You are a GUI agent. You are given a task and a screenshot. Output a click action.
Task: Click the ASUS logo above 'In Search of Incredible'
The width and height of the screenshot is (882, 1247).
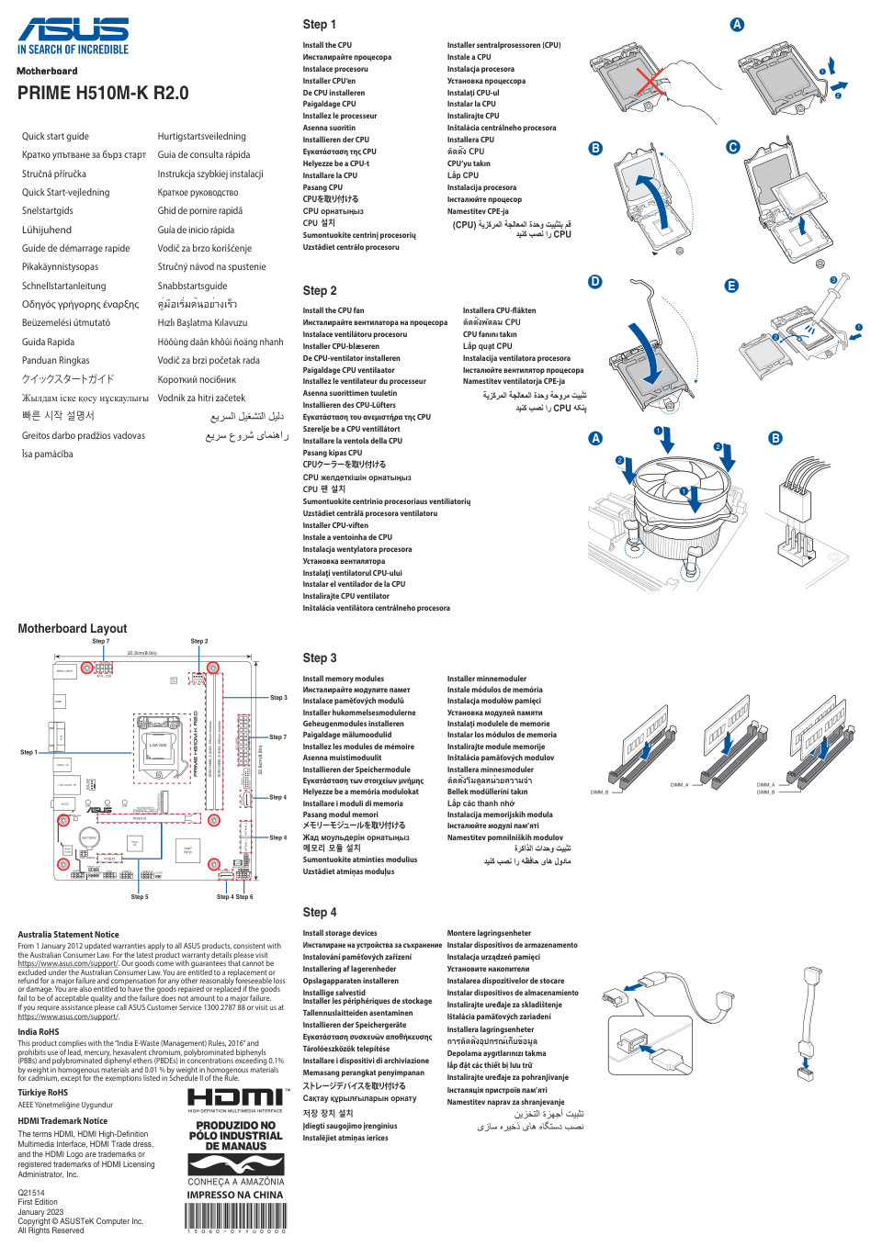73,28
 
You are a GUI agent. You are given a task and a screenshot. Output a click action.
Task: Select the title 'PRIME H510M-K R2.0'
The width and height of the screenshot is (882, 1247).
103,93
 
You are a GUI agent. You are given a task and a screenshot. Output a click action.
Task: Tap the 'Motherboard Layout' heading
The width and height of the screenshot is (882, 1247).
73,629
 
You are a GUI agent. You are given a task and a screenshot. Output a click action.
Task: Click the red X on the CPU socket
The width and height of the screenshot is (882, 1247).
650,84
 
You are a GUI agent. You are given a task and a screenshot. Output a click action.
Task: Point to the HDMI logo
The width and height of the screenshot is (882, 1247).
235,1096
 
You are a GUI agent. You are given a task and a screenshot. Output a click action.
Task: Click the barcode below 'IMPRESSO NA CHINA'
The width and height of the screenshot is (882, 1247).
235,1217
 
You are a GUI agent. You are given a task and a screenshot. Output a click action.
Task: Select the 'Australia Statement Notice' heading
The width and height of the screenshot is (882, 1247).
68,935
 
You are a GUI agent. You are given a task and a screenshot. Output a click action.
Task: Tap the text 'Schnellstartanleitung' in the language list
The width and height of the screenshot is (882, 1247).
63,286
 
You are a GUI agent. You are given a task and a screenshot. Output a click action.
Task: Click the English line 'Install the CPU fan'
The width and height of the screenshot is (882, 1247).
334,310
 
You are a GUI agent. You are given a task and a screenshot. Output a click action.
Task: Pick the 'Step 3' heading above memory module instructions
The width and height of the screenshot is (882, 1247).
320,658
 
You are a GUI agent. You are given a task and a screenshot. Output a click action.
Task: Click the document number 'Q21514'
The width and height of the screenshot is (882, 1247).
31,1193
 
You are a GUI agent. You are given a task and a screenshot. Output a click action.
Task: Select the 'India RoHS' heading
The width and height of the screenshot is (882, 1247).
39,1032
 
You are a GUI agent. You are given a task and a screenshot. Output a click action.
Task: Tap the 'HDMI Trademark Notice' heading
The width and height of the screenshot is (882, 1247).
62,1121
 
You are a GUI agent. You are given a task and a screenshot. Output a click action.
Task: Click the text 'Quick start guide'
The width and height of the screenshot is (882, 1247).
55,136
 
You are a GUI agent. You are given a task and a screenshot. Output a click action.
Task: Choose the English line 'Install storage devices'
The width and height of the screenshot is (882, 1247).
340,933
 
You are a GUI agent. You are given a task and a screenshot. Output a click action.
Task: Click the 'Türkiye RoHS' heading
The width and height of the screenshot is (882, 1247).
43,1093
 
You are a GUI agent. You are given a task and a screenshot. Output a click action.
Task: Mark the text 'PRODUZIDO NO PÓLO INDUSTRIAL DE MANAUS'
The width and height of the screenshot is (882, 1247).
235,1136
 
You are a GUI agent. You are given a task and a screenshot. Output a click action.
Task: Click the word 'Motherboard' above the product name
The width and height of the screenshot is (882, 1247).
47,71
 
